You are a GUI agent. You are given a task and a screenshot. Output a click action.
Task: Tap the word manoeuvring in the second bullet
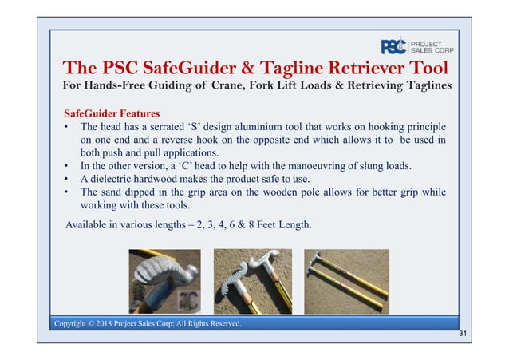tap(322, 165)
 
